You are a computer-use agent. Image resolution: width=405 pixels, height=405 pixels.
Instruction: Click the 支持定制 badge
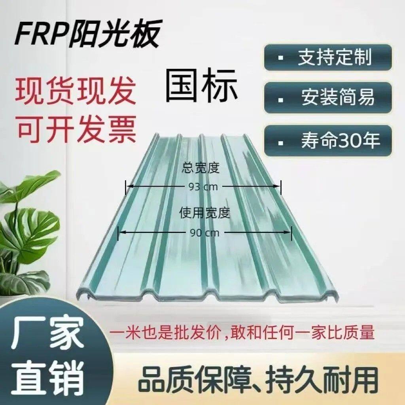coord(328,57)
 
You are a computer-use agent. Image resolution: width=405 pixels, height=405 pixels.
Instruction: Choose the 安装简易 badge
coord(328,97)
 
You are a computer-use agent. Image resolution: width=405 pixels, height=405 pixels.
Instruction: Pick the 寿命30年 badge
coord(328,140)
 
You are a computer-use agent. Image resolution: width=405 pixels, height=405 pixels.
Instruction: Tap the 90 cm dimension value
coord(205,233)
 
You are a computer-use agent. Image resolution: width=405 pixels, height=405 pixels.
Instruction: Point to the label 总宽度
coord(201,168)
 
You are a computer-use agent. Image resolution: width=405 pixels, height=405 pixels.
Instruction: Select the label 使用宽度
coord(204,214)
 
